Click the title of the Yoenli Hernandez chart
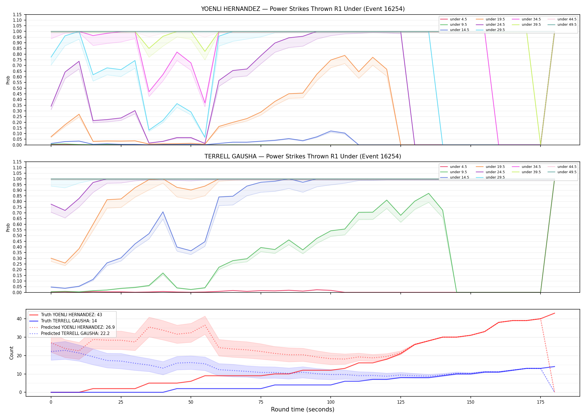[303, 9]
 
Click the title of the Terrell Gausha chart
[303, 156]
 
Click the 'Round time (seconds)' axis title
[302, 410]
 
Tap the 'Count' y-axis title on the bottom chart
[11, 353]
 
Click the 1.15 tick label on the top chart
[17, 15]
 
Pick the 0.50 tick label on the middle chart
[17, 236]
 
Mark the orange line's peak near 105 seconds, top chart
[345, 55]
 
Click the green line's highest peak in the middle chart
[429, 193]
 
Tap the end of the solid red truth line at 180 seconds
[554, 313]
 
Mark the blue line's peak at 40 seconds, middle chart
[163, 212]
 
